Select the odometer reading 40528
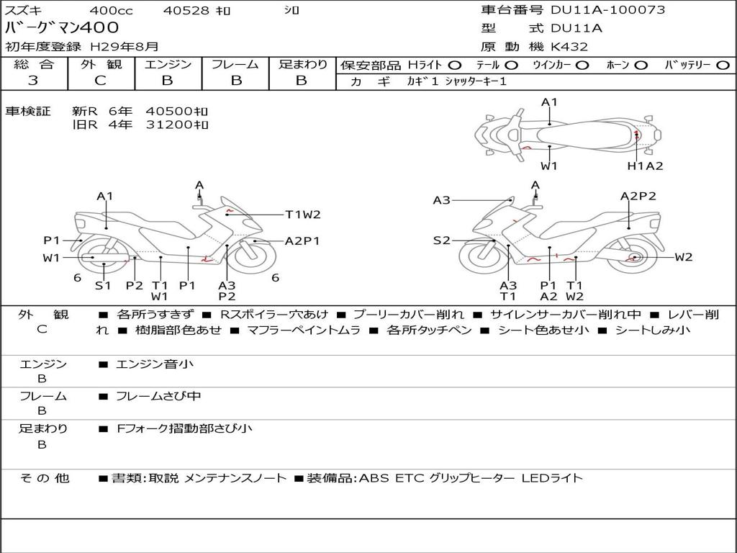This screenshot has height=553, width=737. (x=186, y=11)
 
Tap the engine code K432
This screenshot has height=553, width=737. (x=569, y=47)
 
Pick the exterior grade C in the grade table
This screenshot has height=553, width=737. (x=100, y=81)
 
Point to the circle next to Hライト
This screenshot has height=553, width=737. (x=455, y=65)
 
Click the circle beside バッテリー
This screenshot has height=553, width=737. (x=723, y=65)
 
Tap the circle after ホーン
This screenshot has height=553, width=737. (x=641, y=65)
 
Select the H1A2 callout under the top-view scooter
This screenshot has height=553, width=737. (x=645, y=166)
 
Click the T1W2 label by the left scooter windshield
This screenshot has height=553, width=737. (x=302, y=214)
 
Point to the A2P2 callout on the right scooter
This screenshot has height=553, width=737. (x=638, y=196)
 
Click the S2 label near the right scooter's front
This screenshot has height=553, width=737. (x=441, y=240)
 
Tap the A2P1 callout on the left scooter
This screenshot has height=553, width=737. (x=302, y=241)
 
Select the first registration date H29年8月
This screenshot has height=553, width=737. (x=124, y=47)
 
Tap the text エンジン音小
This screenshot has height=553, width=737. (x=155, y=364)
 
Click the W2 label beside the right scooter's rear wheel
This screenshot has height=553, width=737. (x=684, y=257)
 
